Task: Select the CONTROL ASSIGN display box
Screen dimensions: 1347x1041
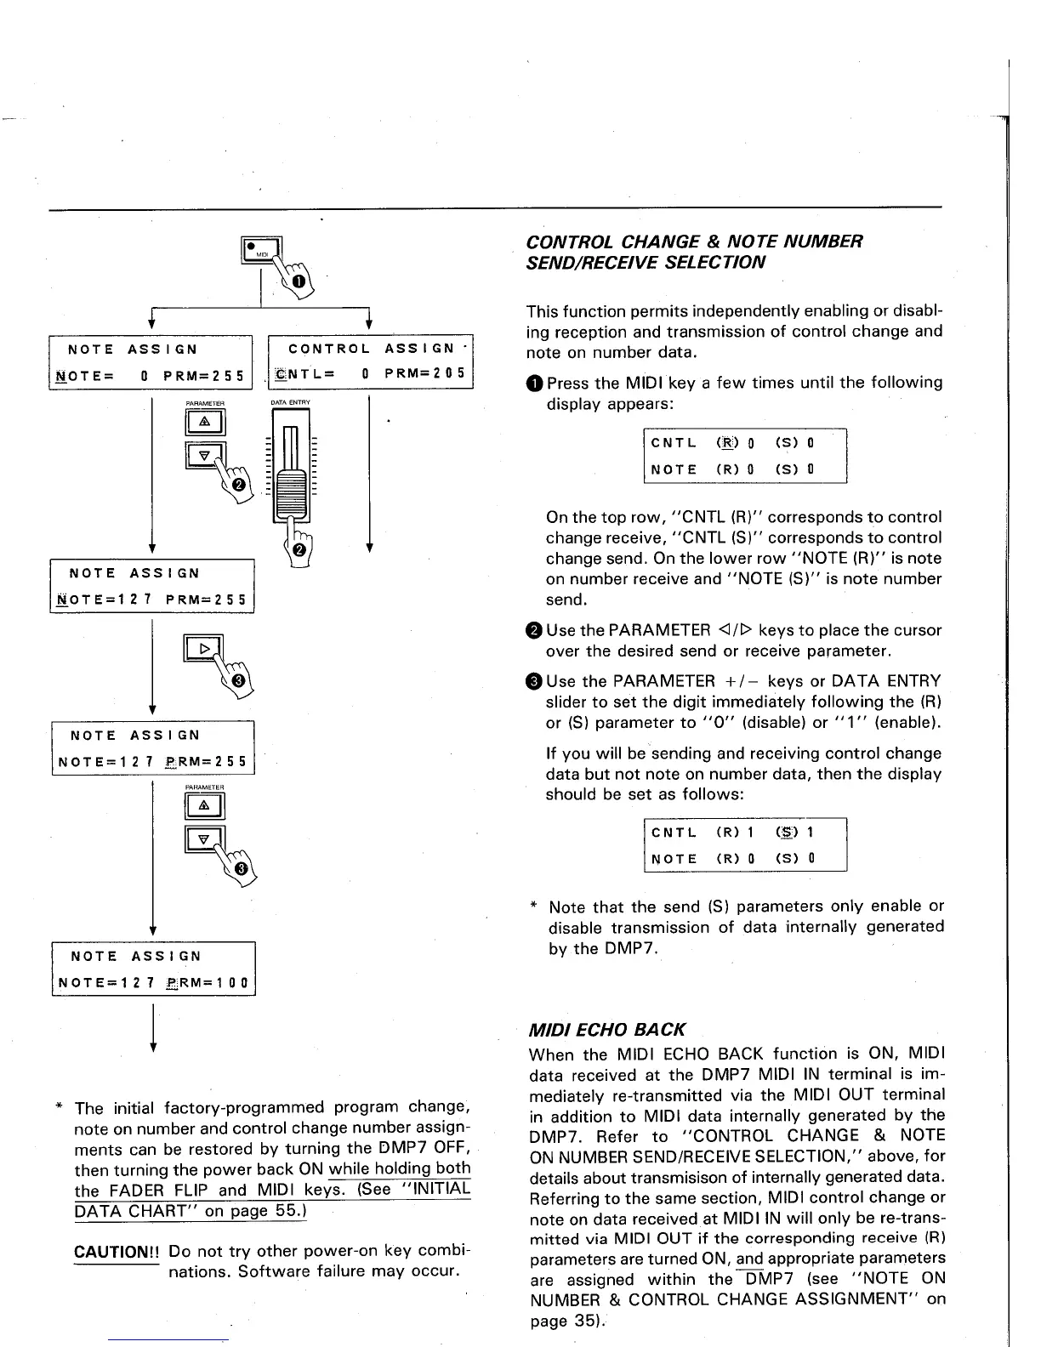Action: point(370,362)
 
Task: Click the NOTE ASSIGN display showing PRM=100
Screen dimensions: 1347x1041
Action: point(153,969)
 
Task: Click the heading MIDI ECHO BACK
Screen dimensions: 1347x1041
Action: point(606,1030)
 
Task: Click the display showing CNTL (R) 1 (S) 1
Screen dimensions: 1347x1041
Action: point(745,844)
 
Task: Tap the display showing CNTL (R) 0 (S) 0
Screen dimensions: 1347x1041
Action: point(745,456)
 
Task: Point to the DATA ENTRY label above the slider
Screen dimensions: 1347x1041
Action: point(290,402)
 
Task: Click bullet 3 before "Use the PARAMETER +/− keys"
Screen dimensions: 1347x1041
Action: point(533,682)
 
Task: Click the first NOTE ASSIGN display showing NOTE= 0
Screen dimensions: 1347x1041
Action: point(151,362)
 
